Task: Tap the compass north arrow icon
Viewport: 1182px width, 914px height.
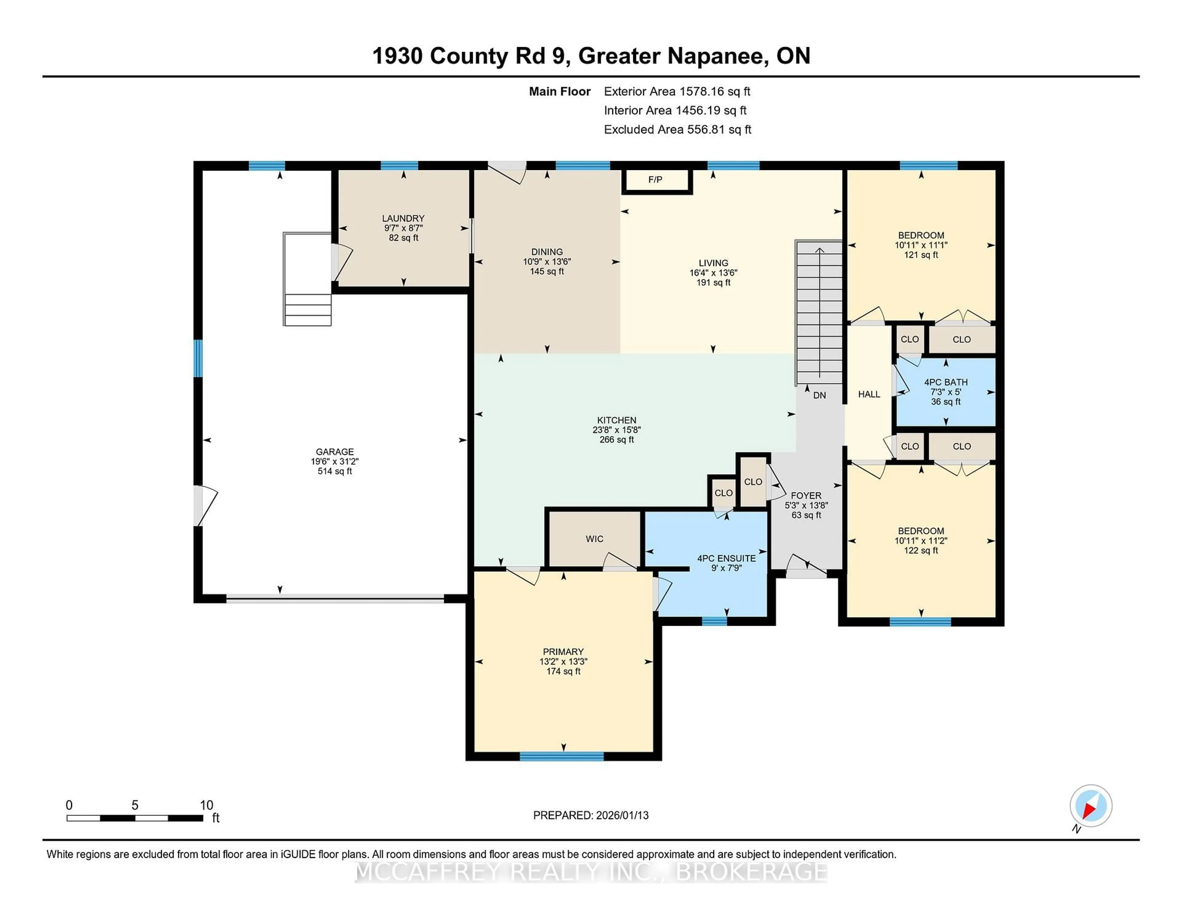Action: pos(1091,806)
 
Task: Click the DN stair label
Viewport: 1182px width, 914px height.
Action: pos(819,395)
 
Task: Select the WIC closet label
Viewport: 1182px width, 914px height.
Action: pos(594,539)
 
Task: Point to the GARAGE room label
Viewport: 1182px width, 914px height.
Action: pos(335,451)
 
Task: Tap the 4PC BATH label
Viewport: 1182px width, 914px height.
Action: pos(946,382)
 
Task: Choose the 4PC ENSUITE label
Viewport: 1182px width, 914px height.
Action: pos(726,558)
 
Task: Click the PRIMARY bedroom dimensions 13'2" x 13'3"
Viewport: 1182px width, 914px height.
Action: pos(563,662)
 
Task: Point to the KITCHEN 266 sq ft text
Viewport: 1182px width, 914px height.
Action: pos(617,440)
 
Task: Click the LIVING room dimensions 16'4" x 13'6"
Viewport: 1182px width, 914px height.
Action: pos(713,273)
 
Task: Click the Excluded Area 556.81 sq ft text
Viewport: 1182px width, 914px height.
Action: pos(677,129)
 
